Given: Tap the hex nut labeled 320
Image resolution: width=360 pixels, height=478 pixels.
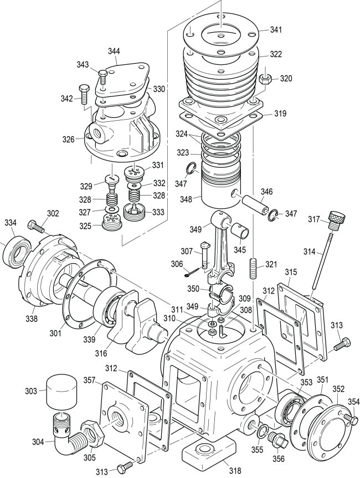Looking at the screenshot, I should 265,80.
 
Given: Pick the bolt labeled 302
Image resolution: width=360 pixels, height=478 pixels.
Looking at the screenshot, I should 36,226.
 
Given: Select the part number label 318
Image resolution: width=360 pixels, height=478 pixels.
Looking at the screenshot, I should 235,471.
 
